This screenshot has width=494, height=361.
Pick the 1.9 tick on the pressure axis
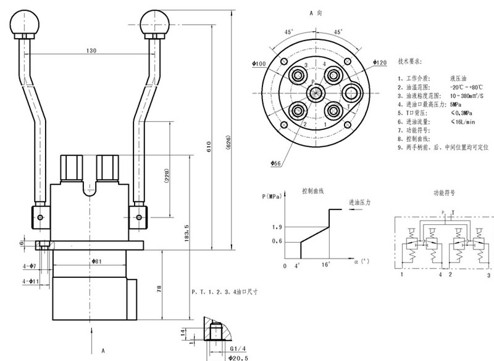point(277,228)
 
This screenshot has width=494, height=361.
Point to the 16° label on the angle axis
point(325,266)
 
